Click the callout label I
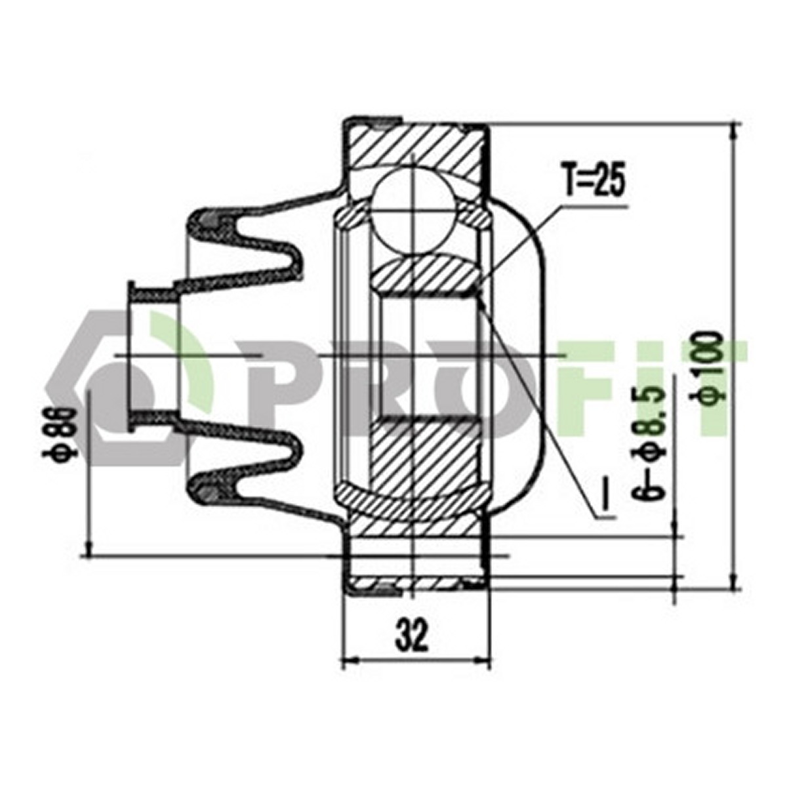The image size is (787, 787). pyautogui.click(x=607, y=496)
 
